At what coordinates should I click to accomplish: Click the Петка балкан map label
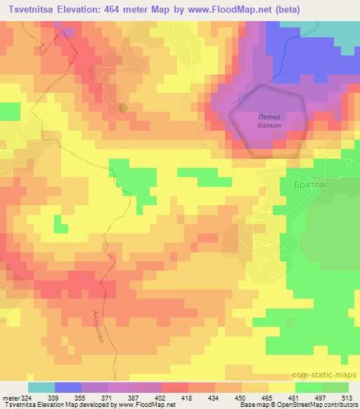point(270,120)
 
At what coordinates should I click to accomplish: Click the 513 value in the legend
point(345,398)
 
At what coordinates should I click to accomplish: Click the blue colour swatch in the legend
point(68,387)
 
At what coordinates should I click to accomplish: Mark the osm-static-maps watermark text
point(325,376)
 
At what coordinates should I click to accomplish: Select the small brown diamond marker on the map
point(123,108)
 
